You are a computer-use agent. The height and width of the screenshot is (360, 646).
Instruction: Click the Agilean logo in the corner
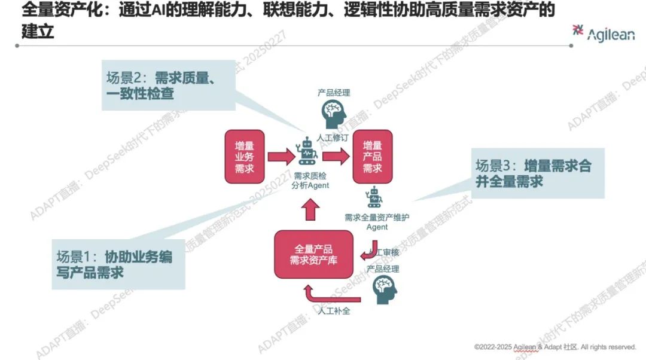[x=603, y=33]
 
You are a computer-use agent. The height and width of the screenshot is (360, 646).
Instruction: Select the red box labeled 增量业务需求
[x=245, y=157]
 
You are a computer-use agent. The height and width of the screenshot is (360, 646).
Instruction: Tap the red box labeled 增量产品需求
[x=373, y=156]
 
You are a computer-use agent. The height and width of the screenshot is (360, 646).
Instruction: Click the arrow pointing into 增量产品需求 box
[x=337, y=157]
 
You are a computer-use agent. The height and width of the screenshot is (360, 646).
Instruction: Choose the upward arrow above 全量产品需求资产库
[x=310, y=210]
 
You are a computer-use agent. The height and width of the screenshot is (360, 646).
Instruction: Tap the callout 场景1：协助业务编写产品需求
[x=117, y=264]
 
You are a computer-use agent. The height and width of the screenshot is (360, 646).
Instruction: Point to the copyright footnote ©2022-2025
[x=555, y=347]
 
